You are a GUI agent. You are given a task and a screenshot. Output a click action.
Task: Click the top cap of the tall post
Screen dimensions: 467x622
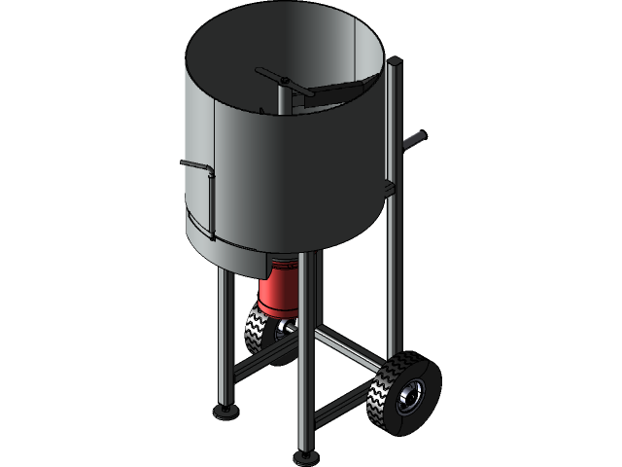pos(394,64)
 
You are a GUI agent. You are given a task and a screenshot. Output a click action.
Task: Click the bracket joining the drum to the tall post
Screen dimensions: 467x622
pos(389,185)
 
